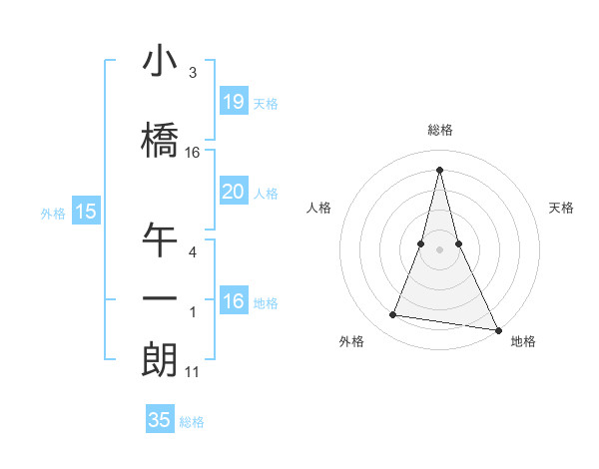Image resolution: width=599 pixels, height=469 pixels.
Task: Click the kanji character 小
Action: coord(160,62)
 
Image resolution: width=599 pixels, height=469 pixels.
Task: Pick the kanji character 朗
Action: coord(160,359)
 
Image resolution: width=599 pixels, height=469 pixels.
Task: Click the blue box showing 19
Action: coord(234,101)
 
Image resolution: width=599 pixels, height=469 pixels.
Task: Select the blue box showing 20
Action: coord(234,192)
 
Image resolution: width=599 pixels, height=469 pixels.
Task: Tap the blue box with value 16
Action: coord(234,301)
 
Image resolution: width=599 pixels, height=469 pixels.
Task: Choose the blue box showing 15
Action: coord(86,211)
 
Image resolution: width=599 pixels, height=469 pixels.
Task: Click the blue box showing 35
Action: coord(160,420)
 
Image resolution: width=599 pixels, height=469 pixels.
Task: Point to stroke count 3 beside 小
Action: coord(192,74)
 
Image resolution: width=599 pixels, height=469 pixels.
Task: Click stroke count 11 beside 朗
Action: coord(192,372)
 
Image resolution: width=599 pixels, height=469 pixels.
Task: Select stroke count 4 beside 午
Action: coord(192,252)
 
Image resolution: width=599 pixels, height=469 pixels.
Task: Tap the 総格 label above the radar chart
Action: coord(439,130)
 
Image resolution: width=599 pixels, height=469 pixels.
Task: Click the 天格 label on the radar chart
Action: coord(561,208)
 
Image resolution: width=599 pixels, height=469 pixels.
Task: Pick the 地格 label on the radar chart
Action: coord(523,341)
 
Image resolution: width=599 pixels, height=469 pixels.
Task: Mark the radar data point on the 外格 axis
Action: coord(393,315)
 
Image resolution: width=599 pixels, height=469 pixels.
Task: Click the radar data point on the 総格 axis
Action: coord(439,169)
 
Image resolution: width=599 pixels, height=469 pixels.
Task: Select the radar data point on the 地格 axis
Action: coord(498,330)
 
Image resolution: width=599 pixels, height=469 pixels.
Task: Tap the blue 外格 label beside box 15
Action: coord(52,213)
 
